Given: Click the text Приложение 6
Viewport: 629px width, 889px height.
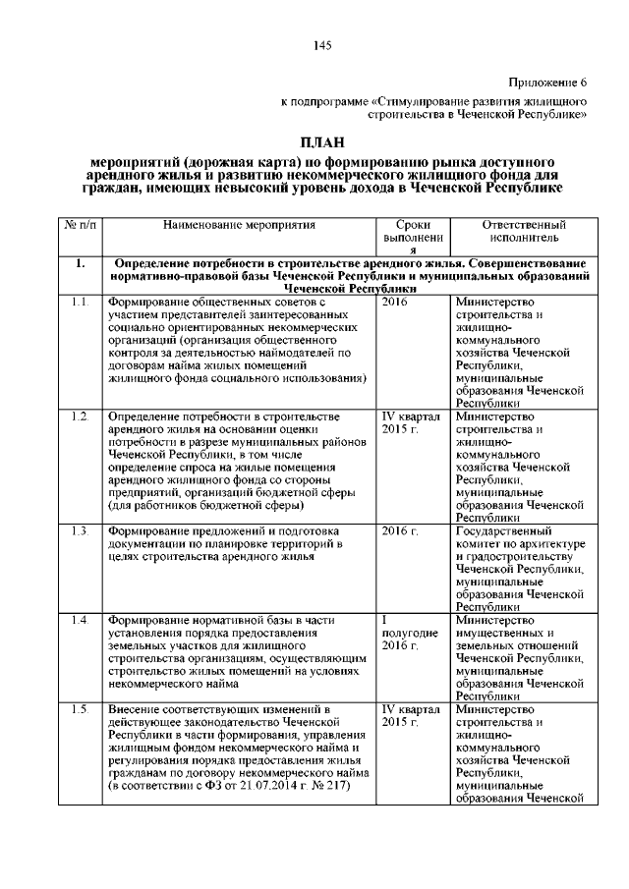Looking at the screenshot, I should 547,82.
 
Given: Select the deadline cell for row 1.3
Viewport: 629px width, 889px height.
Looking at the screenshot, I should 400,531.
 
